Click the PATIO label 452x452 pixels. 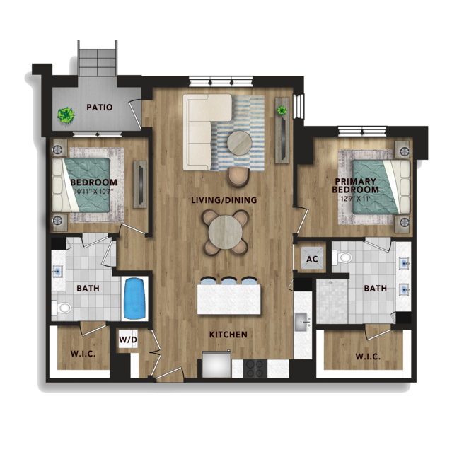pos(100,108)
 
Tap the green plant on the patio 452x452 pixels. pos(66,115)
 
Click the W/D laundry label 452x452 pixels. pos(128,340)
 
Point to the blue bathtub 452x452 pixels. pos(134,298)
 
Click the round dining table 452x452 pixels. pos(225,232)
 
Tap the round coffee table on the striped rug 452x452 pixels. pos(239,142)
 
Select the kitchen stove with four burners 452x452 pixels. pos(255,369)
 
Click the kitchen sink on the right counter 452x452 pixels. pos(303,322)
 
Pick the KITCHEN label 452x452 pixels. pos(228,335)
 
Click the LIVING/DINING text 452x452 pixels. pos(224,200)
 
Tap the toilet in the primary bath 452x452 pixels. pos(342,257)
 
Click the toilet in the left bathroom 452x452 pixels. pos(62,308)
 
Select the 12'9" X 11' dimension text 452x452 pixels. pos(355,199)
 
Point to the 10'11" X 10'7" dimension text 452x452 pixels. pos(94,191)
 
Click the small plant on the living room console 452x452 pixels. pos(282,110)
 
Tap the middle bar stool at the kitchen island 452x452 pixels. pos(228,281)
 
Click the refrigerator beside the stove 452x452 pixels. pos(216,364)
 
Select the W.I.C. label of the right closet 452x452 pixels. pos(368,357)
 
